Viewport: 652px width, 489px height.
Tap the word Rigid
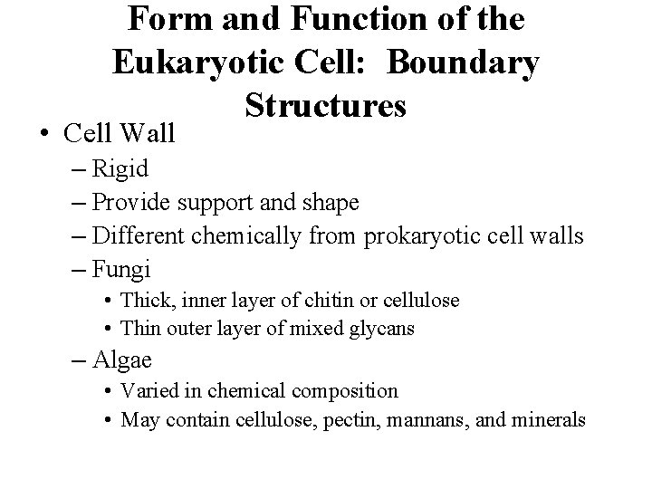pyautogui.click(x=121, y=168)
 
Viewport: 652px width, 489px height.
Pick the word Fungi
pyautogui.click(x=122, y=269)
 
